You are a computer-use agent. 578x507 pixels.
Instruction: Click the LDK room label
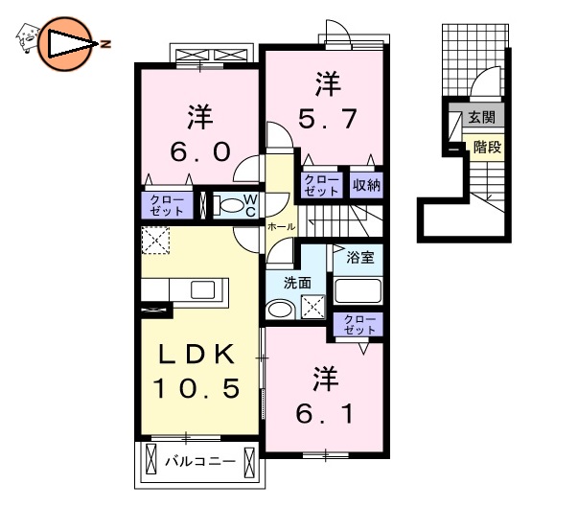pyautogui.click(x=197, y=355)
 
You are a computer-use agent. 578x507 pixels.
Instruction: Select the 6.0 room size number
pyautogui.click(x=199, y=152)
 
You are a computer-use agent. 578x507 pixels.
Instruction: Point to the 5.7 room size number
pyautogui.click(x=327, y=119)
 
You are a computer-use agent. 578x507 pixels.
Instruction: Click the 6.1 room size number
pyautogui.click(x=326, y=414)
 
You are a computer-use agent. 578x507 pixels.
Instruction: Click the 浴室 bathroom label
pyautogui.click(x=358, y=257)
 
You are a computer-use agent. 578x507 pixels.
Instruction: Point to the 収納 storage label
pyautogui.click(x=366, y=185)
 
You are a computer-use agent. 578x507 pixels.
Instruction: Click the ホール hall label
pyautogui.click(x=281, y=227)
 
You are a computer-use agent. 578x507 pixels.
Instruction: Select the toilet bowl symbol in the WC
pyautogui.click(x=228, y=204)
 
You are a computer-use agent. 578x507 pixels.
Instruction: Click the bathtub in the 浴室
pyautogui.click(x=358, y=290)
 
